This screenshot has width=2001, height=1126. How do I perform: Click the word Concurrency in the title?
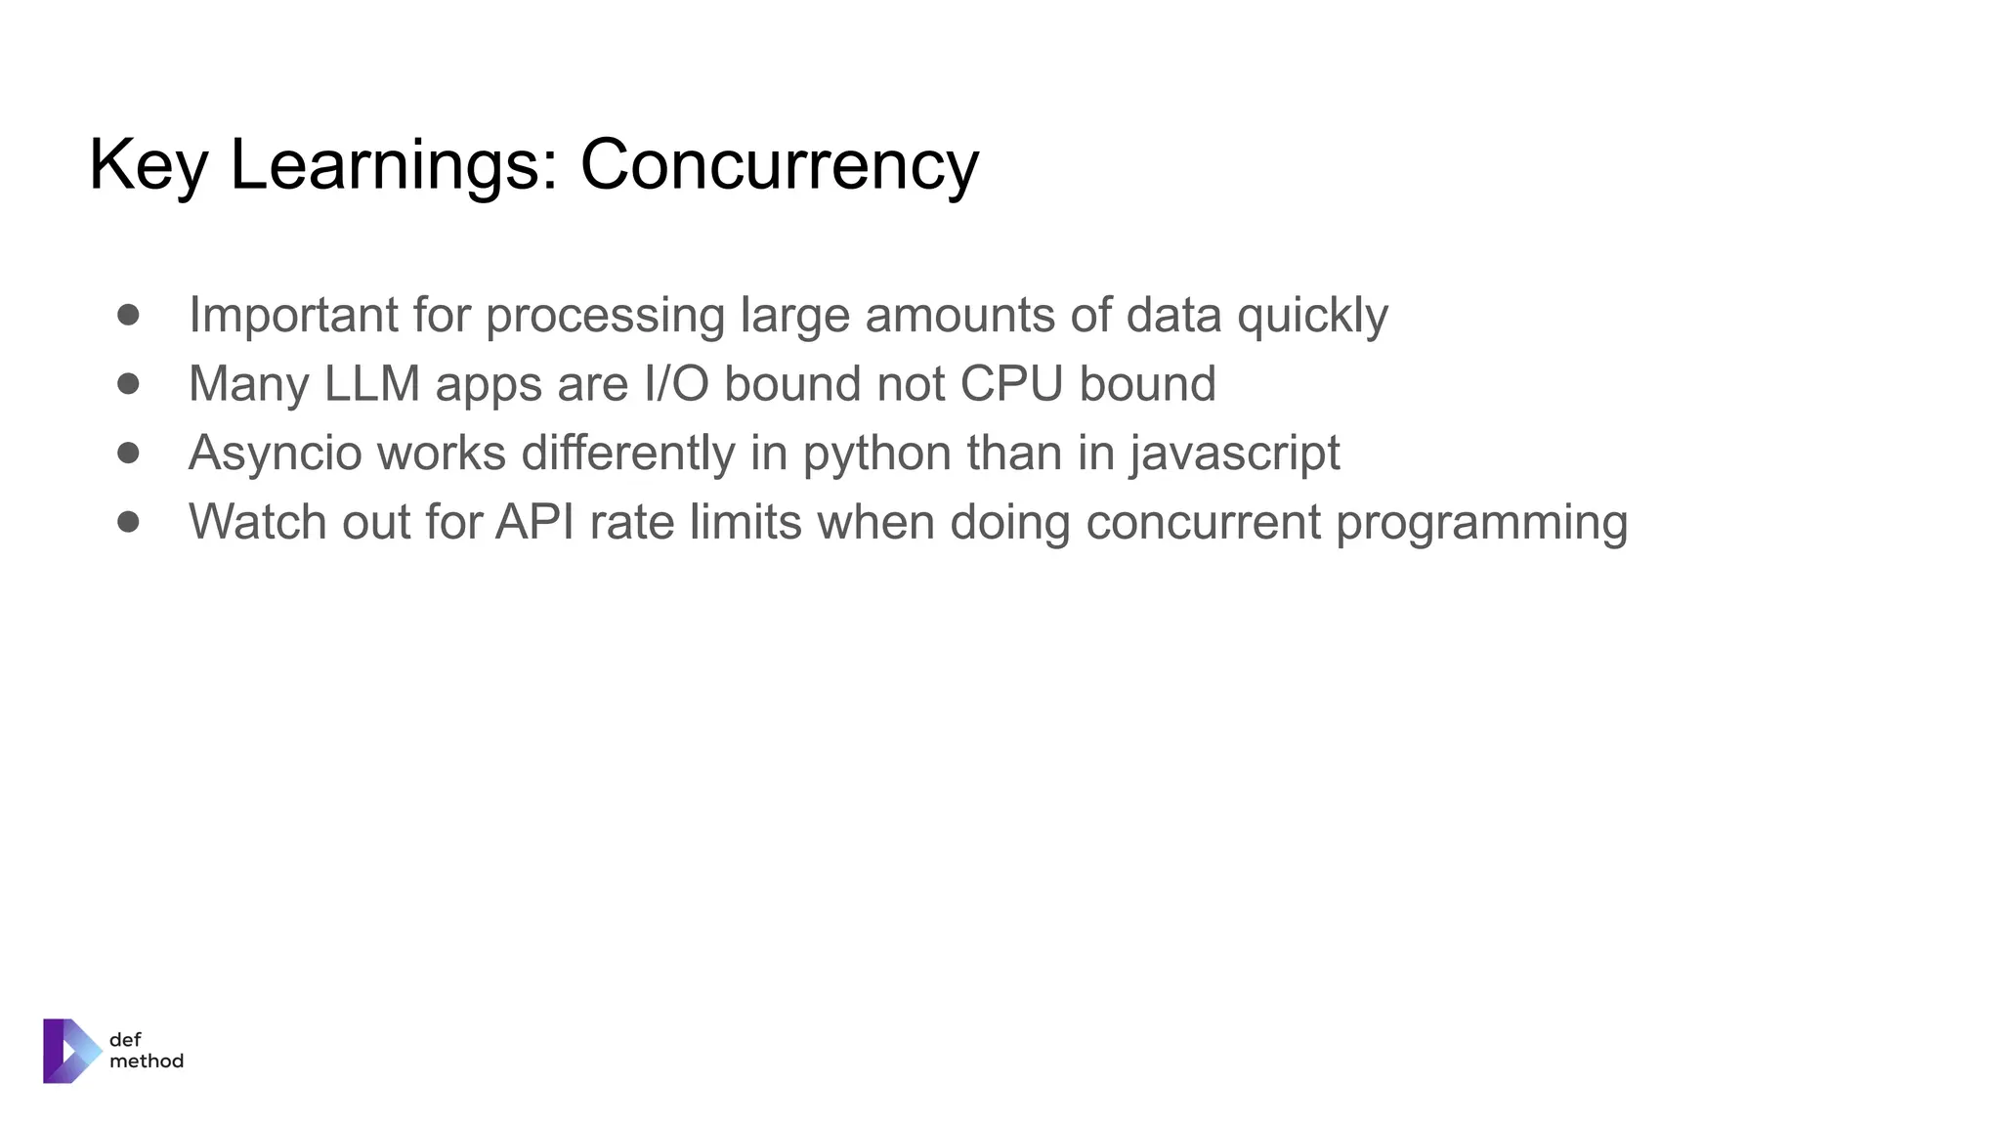click(779, 164)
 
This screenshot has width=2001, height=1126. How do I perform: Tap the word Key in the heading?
click(148, 164)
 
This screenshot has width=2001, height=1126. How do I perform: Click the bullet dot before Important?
click(128, 315)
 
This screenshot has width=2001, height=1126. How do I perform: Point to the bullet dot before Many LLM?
click(128, 383)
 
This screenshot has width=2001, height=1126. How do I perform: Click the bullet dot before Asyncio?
click(128, 453)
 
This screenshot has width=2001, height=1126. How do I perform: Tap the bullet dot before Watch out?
click(128, 521)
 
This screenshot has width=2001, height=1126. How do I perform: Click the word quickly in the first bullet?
click(1312, 315)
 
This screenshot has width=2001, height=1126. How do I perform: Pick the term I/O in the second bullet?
click(676, 383)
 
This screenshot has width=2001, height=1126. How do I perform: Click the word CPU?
click(1011, 383)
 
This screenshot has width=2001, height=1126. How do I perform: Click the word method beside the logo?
click(147, 1061)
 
